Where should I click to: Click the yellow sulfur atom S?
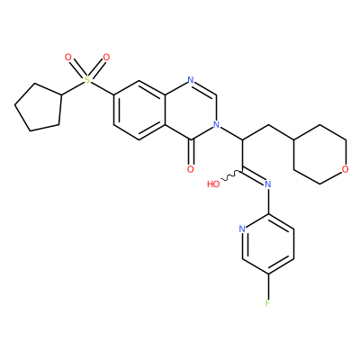pyautogui.click(x=87, y=80)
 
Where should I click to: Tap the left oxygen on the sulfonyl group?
pyautogui.click(x=68, y=57)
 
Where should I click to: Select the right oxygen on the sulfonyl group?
pyautogui.click(x=106, y=57)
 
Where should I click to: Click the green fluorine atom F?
pyautogui.click(x=267, y=303)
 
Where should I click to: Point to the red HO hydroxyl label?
pyautogui.click(x=213, y=184)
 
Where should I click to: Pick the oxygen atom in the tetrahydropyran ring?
pyautogui.click(x=346, y=169)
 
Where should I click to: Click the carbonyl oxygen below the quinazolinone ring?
pyautogui.click(x=191, y=169)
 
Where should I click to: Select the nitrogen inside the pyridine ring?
pyautogui.click(x=242, y=229)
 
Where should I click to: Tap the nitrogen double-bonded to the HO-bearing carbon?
pyautogui.click(x=268, y=184)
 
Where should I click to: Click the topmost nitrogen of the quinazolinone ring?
pyautogui.click(x=191, y=80)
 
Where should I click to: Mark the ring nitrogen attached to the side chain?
pyautogui.click(x=216, y=124)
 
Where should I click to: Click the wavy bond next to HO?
pyautogui.click(x=231, y=175)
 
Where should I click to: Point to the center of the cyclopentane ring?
pyautogui.click(x=39, y=107)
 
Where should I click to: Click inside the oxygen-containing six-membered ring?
pyautogui.click(x=319, y=154)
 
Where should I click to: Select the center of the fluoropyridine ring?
pyautogui.click(x=268, y=244)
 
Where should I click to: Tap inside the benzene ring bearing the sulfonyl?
pyautogui.click(x=139, y=110)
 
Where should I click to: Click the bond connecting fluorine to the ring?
pyautogui.click(x=267, y=286)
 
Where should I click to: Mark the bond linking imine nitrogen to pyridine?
pyautogui.click(x=268, y=201)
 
